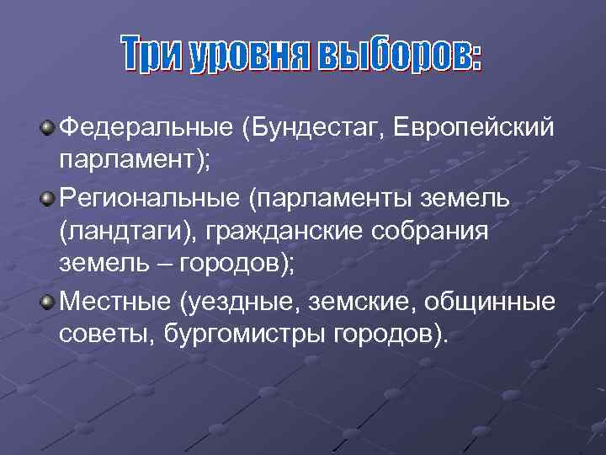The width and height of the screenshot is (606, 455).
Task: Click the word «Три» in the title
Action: (153, 56)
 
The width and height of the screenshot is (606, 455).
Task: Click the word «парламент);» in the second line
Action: (135, 163)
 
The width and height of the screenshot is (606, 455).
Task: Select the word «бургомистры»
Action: (255, 335)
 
